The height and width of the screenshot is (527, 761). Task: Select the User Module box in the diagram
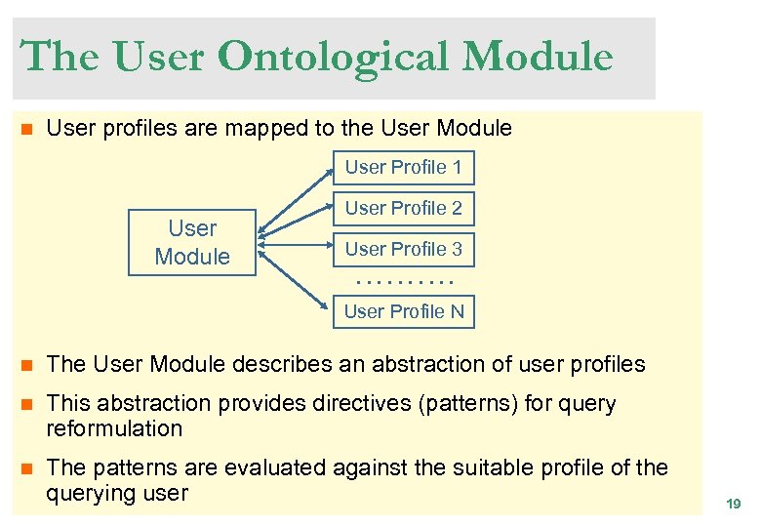[192, 243]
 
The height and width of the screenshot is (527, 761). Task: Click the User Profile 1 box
[403, 167]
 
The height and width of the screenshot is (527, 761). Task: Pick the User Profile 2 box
[403, 208]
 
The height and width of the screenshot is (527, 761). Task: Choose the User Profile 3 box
[403, 249]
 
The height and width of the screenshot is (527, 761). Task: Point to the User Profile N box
[403, 311]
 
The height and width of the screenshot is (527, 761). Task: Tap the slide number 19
[733, 504]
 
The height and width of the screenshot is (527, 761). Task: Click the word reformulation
[114, 428]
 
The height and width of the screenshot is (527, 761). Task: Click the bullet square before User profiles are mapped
[27, 129]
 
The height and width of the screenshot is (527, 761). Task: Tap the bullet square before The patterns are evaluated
[27, 468]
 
